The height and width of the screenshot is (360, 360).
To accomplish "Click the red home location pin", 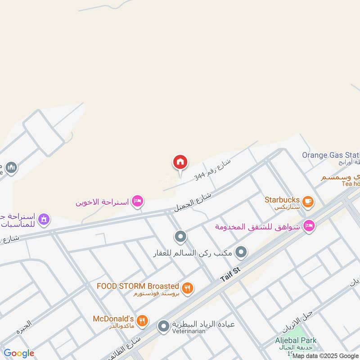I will coord(180,162).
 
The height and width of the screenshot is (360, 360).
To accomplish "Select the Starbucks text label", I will coord(282,199).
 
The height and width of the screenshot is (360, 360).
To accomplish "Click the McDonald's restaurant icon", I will coord(143,320).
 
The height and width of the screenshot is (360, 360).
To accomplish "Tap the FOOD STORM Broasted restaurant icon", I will coord(188,288).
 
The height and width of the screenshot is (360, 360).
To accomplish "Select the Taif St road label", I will coord(231,274).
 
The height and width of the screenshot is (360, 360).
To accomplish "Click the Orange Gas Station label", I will coord(331,155).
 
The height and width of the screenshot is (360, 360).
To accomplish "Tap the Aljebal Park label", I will coord(296,341).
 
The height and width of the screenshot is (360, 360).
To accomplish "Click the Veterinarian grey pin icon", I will coord(163,326).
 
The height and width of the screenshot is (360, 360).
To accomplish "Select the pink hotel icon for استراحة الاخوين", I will coord(138,202).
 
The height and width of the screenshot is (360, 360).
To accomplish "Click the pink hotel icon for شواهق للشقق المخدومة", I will coord(309,225).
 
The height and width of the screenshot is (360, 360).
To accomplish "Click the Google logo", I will coord(19,353).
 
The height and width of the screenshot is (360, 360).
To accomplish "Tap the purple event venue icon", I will coord(44,220).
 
